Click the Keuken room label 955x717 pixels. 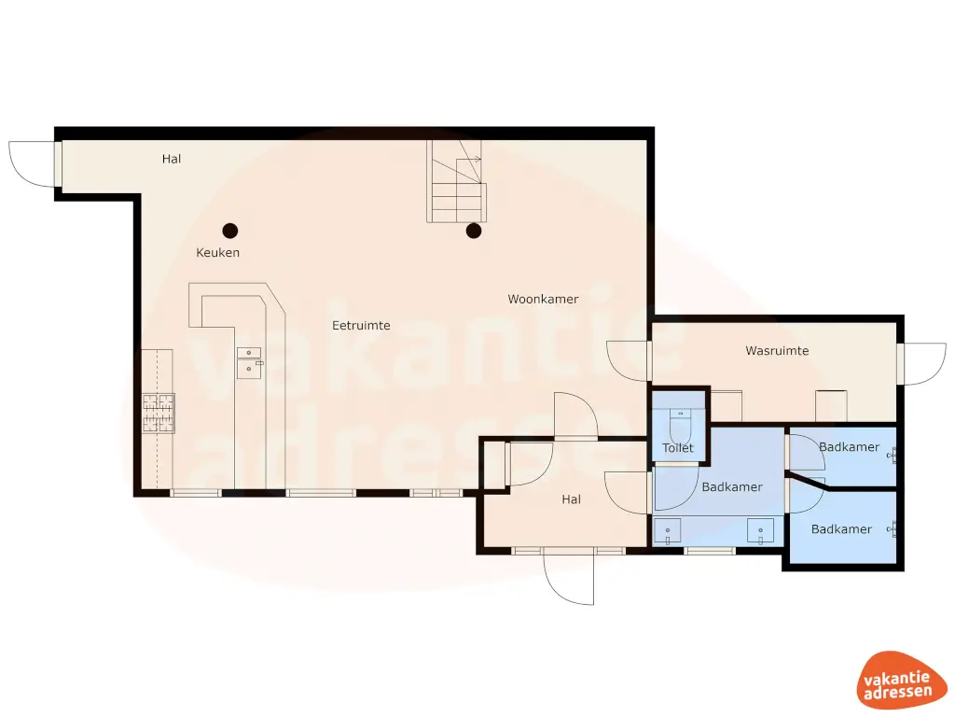point(217,253)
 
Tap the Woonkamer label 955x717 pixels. point(543,300)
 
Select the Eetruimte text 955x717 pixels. point(361,326)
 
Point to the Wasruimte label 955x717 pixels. point(777,351)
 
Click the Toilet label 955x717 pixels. point(678,448)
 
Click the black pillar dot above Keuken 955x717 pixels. point(229,231)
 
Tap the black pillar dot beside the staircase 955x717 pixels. point(474,231)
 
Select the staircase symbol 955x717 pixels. point(457,182)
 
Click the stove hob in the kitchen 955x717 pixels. point(158,414)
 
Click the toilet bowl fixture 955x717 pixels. point(680,427)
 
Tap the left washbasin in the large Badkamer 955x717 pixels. point(668,531)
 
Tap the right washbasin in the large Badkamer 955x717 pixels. point(761,531)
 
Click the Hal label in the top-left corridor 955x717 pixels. point(172,159)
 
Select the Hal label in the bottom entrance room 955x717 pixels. point(571,499)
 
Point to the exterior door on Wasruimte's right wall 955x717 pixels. point(923,364)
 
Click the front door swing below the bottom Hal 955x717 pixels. point(569,579)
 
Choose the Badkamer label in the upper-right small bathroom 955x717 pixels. point(849,447)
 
